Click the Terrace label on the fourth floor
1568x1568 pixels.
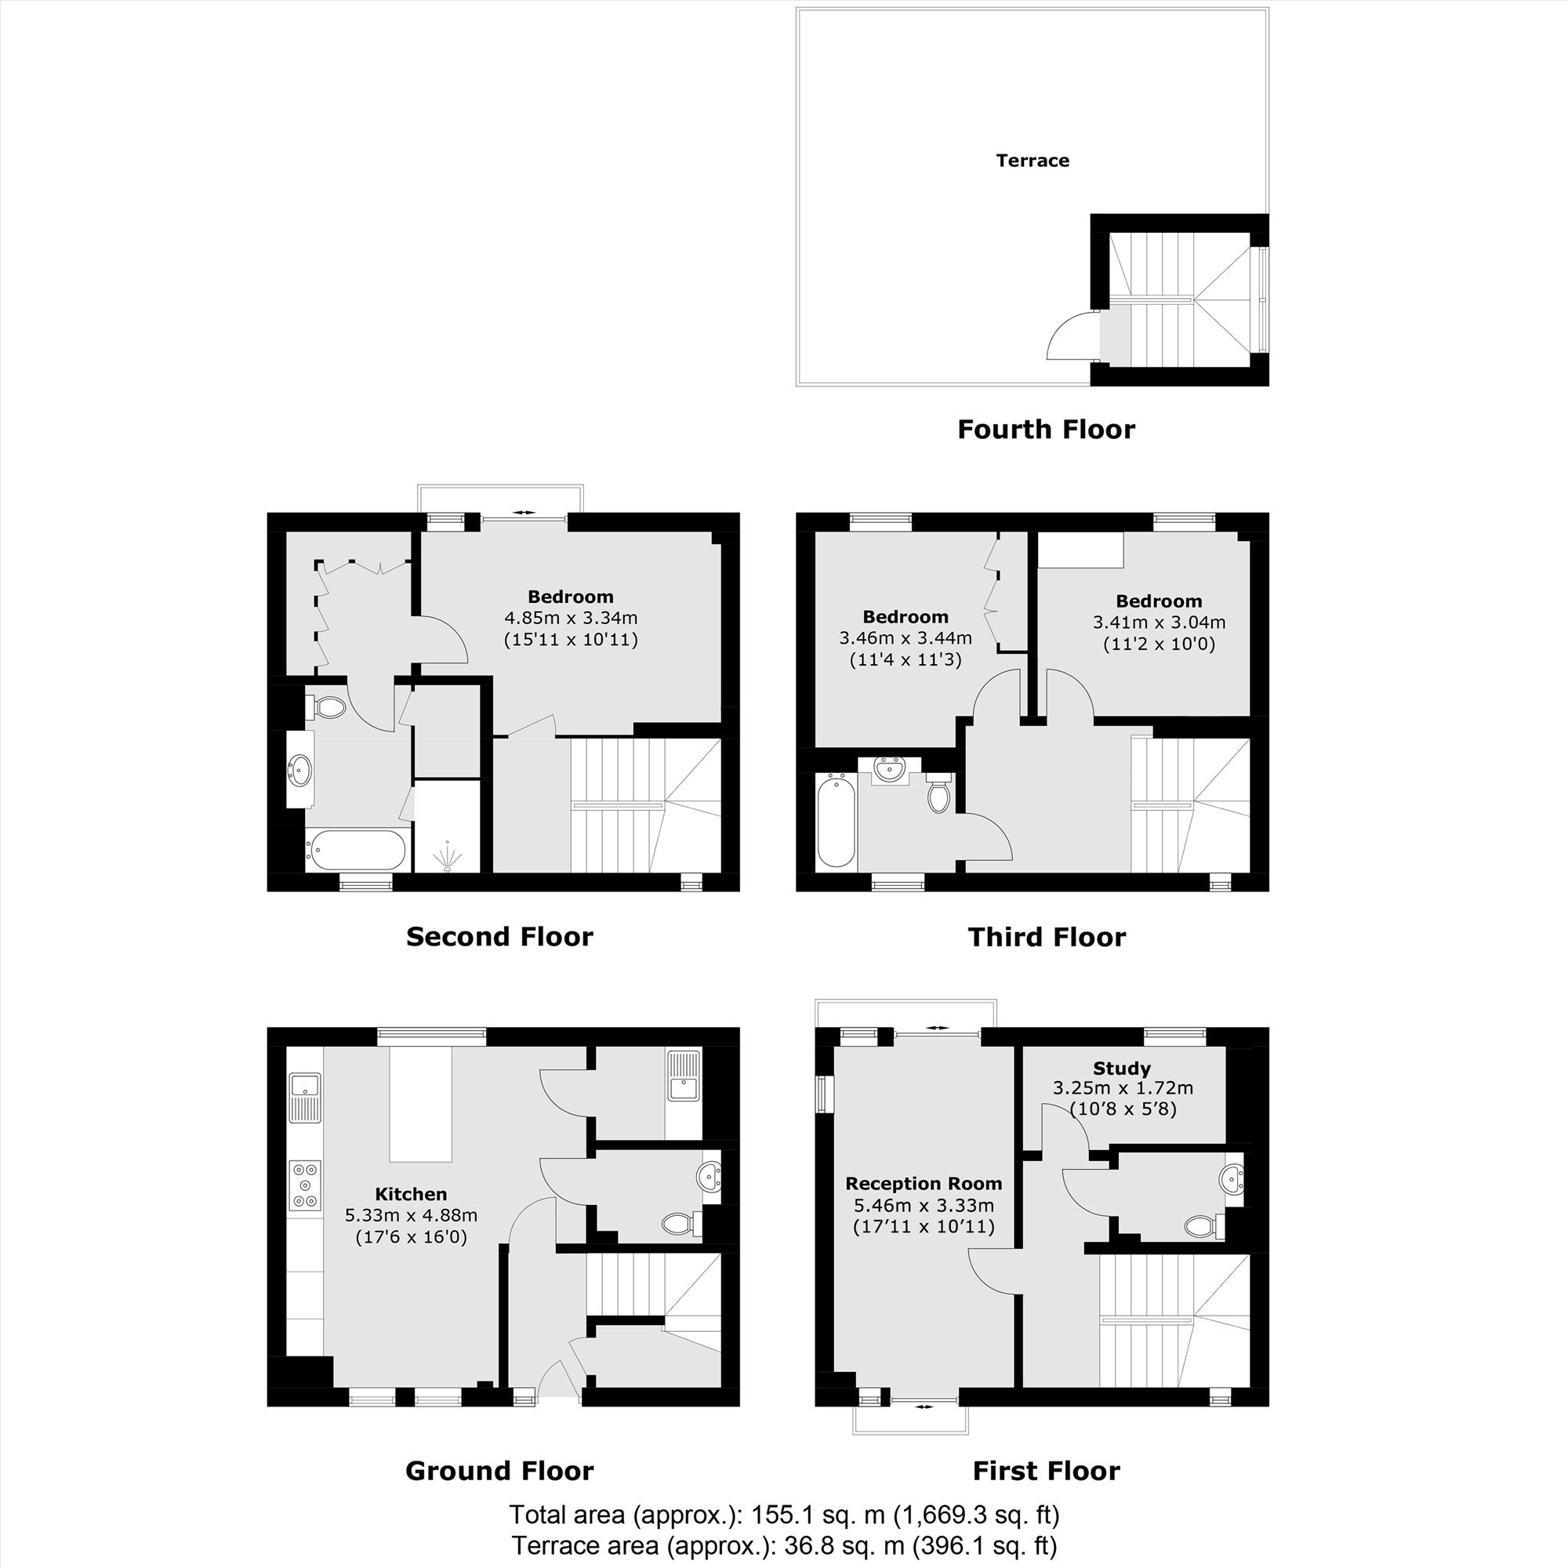coord(1033,161)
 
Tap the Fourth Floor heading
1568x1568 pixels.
coord(1046,430)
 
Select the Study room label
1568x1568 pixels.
coord(1122,1068)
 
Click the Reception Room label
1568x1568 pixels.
coord(924,1184)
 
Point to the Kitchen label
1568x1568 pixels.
coord(411,1194)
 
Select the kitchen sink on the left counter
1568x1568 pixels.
coord(305,1097)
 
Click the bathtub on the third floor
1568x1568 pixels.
coord(836,822)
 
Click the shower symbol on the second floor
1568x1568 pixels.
coord(446,857)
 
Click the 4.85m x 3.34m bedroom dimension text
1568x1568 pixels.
coord(571,619)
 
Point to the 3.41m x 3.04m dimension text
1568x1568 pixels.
coord(1159,622)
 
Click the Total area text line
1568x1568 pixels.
coord(784,1515)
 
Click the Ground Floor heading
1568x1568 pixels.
coord(499,1471)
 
